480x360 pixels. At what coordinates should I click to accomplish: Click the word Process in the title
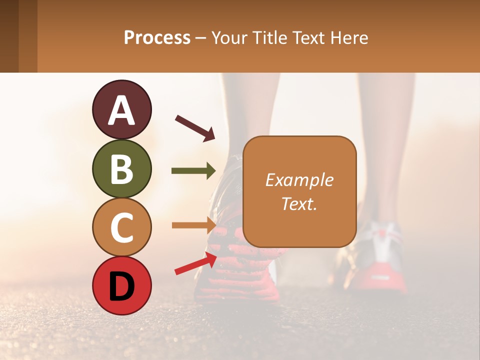[x=157, y=38]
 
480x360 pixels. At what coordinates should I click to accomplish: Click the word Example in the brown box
[x=299, y=180]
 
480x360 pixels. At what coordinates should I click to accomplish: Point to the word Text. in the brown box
[x=299, y=203]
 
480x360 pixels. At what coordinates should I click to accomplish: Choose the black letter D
[x=121, y=286]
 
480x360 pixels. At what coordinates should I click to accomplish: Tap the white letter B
[x=121, y=168]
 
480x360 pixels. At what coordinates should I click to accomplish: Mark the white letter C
[x=121, y=227]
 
